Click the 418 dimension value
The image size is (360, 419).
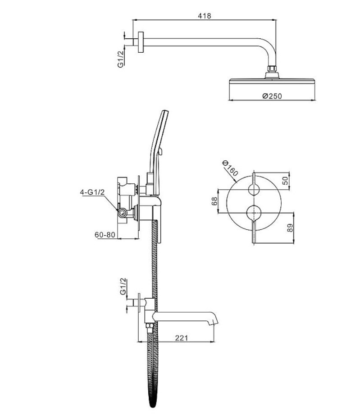[x=204, y=16]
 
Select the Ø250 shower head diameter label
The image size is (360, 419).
[x=272, y=96]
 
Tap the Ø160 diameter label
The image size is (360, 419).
[x=230, y=169]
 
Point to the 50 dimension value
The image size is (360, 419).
[x=286, y=181]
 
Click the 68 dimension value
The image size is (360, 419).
[x=214, y=201]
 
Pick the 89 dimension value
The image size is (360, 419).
[x=290, y=228]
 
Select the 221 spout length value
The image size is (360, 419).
[x=182, y=338]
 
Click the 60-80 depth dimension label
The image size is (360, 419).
[x=105, y=235]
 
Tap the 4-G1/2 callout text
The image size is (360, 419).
[x=92, y=192]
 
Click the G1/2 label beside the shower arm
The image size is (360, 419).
[x=121, y=59]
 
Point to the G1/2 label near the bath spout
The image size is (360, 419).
[x=123, y=287]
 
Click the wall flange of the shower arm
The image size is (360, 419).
[x=141, y=42]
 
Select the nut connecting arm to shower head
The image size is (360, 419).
[x=272, y=68]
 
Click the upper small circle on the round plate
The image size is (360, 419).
[x=254, y=189]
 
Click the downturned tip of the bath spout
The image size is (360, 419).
[x=214, y=322]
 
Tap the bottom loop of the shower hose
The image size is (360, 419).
[x=152, y=410]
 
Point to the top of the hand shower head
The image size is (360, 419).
[x=165, y=111]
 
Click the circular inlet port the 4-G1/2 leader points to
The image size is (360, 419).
[x=123, y=213]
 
